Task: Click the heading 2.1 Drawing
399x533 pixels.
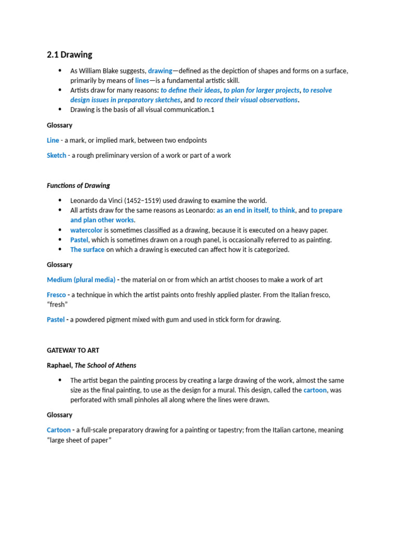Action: pyautogui.click(x=70, y=55)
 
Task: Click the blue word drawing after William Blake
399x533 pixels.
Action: pyautogui.click(x=159, y=71)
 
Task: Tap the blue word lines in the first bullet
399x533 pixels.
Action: pyautogui.click(x=142, y=81)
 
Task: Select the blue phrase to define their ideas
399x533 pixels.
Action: pyautogui.click(x=190, y=90)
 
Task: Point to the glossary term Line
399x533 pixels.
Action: pyautogui.click(x=53, y=140)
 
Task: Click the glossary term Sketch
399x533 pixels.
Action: pyautogui.click(x=57, y=155)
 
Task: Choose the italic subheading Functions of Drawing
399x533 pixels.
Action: pyautogui.click(x=78, y=185)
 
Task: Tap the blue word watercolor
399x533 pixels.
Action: pyautogui.click(x=87, y=230)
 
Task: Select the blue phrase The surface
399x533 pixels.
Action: pyautogui.click(x=87, y=249)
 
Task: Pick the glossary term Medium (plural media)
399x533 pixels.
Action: pyautogui.click(x=81, y=280)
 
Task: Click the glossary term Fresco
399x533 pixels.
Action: pyautogui.click(x=56, y=295)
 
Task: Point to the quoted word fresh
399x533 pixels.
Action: pyautogui.click(x=59, y=304)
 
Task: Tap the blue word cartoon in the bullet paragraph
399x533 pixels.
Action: pyautogui.click(x=315, y=390)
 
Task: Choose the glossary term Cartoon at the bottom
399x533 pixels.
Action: pyautogui.click(x=59, y=430)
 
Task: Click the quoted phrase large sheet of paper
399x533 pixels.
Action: pyautogui.click(x=79, y=440)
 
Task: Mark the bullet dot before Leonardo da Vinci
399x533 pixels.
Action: pyautogui.click(x=59, y=200)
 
